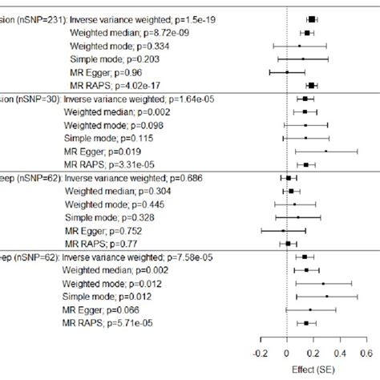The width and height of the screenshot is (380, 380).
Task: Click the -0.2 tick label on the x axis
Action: tap(260, 351)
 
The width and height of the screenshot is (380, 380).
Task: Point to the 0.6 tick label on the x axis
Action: tap(365, 351)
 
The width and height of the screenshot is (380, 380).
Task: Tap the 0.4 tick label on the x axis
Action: tap(339, 351)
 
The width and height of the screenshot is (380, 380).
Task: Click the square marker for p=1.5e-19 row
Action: tap(312, 18)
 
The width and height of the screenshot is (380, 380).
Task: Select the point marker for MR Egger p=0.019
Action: tap(325, 151)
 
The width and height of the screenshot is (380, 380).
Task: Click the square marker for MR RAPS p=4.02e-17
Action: tap(311, 85)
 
